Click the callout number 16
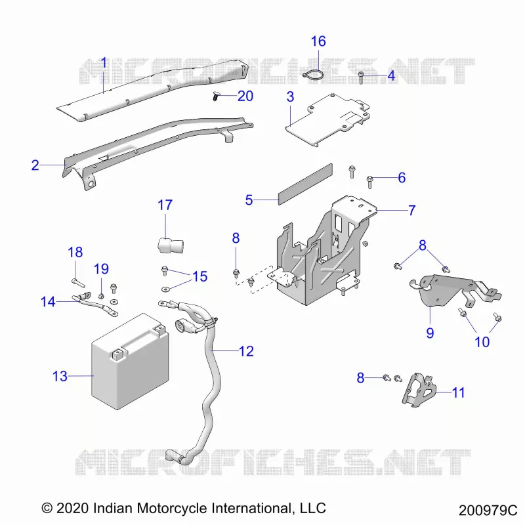pos(318,41)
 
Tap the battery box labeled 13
pos(130,362)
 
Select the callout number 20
pos(245,96)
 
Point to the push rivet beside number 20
pos(216,96)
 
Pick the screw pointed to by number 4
pos(361,77)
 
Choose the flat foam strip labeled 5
pos(305,184)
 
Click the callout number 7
pos(412,210)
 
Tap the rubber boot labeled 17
pos(171,245)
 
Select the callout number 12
pos(247,351)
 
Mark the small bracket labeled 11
pos(419,390)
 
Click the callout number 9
pos(430,333)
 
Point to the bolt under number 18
pos(78,283)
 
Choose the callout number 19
pos(101,269)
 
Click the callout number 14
pos(48,302)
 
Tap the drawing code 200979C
pos(488,511)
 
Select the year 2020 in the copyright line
pos(73,508)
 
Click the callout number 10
pos(482,342)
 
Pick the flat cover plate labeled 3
pos(328,119)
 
